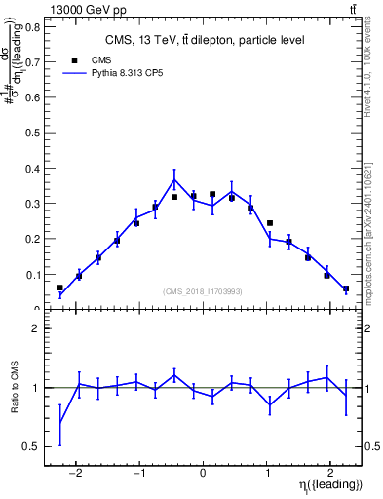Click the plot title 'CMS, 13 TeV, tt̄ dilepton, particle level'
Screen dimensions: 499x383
pos(205,40)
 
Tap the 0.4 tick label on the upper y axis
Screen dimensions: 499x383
pos(31,169)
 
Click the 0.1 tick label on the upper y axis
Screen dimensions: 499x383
pos(31,275)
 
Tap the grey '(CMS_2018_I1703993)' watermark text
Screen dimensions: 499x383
pos(203,290)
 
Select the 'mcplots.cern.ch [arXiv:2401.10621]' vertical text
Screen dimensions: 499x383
pos(371,219)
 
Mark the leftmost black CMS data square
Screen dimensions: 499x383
pos(60,288)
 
